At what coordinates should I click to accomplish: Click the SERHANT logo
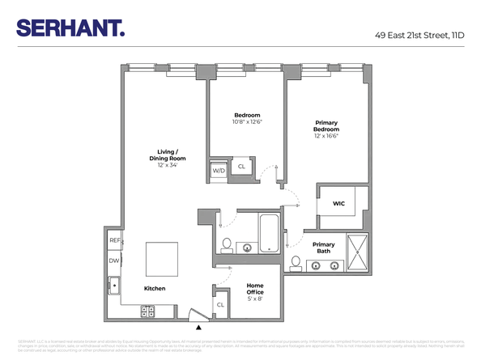70,28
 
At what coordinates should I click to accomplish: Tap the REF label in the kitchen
114,241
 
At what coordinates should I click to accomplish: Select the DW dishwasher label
114,260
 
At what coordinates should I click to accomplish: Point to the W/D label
219,171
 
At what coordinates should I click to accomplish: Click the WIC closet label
338,204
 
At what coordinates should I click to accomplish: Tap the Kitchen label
155,289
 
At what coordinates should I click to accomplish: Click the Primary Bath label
323,248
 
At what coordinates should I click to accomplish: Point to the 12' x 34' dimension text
168,164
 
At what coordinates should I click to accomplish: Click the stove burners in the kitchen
148,310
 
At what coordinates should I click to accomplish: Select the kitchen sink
114,286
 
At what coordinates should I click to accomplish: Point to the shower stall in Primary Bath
356,252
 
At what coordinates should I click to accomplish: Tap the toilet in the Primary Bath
296,263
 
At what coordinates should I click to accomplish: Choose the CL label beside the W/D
240,167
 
